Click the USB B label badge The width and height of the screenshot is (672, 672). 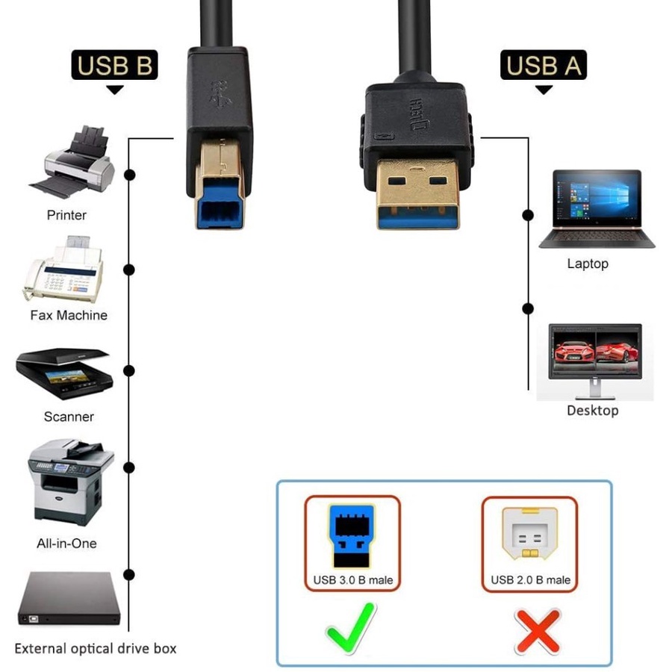click(114, 66)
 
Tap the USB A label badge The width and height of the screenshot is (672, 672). click(543, 66)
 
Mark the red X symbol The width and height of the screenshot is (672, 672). click(538, 631)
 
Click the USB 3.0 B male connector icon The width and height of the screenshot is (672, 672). click(352, 535)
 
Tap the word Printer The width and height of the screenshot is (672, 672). click(66, 215)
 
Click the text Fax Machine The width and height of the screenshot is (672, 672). click(69, 315)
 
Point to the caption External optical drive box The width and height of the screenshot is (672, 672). click(96, 648)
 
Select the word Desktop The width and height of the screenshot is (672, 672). click(592, 411)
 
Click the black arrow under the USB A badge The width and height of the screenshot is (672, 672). click(544, 90)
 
